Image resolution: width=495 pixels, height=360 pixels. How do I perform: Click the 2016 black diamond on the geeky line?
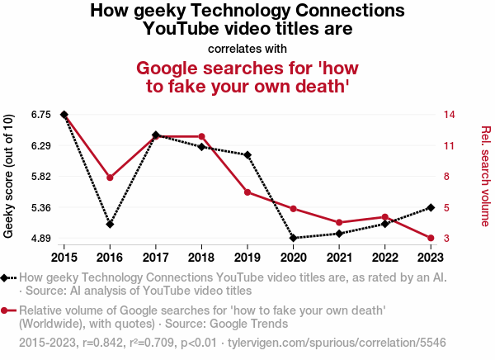point(110,224)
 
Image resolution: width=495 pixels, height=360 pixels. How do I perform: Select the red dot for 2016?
point(110,178)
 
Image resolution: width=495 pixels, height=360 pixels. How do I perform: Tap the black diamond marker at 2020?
point(294,238)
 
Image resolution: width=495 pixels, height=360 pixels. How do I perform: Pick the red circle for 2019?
point(247,192)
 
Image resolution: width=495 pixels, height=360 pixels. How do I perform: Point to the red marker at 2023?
point(431,238)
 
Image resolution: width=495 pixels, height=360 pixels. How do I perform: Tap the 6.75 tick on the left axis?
point(39,114)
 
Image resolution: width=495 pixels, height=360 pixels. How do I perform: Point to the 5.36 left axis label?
point(39,207)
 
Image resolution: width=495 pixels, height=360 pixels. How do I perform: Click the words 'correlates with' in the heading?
point(247,48)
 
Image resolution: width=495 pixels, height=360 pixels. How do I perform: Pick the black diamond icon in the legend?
point(7,278)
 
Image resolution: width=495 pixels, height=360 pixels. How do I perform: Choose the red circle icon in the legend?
point(7,310)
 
